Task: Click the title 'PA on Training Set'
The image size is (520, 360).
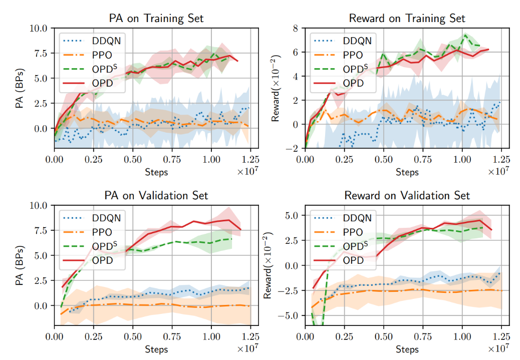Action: [x=156, y=19]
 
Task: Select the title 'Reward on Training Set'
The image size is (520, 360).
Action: [x=407, y=19]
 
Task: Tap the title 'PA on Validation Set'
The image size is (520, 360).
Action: [x=156, y=195]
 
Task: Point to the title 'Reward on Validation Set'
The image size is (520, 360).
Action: [x=407, y=195]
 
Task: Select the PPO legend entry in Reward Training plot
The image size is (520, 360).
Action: [x=353, y=55]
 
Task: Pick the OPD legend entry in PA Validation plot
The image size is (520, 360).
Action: [x=103, y=260]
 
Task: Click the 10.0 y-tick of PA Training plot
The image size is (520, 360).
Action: [x=39, y=29]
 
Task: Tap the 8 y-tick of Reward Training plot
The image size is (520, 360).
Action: [x=296, y=29]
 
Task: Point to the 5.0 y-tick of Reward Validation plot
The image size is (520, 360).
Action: [x=292, y=215]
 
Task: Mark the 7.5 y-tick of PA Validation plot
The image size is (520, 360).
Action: [x=41, y=230]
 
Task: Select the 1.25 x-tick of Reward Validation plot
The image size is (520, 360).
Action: [x=501, y=336]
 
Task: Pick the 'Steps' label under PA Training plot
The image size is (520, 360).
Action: [x=156, y=172]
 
